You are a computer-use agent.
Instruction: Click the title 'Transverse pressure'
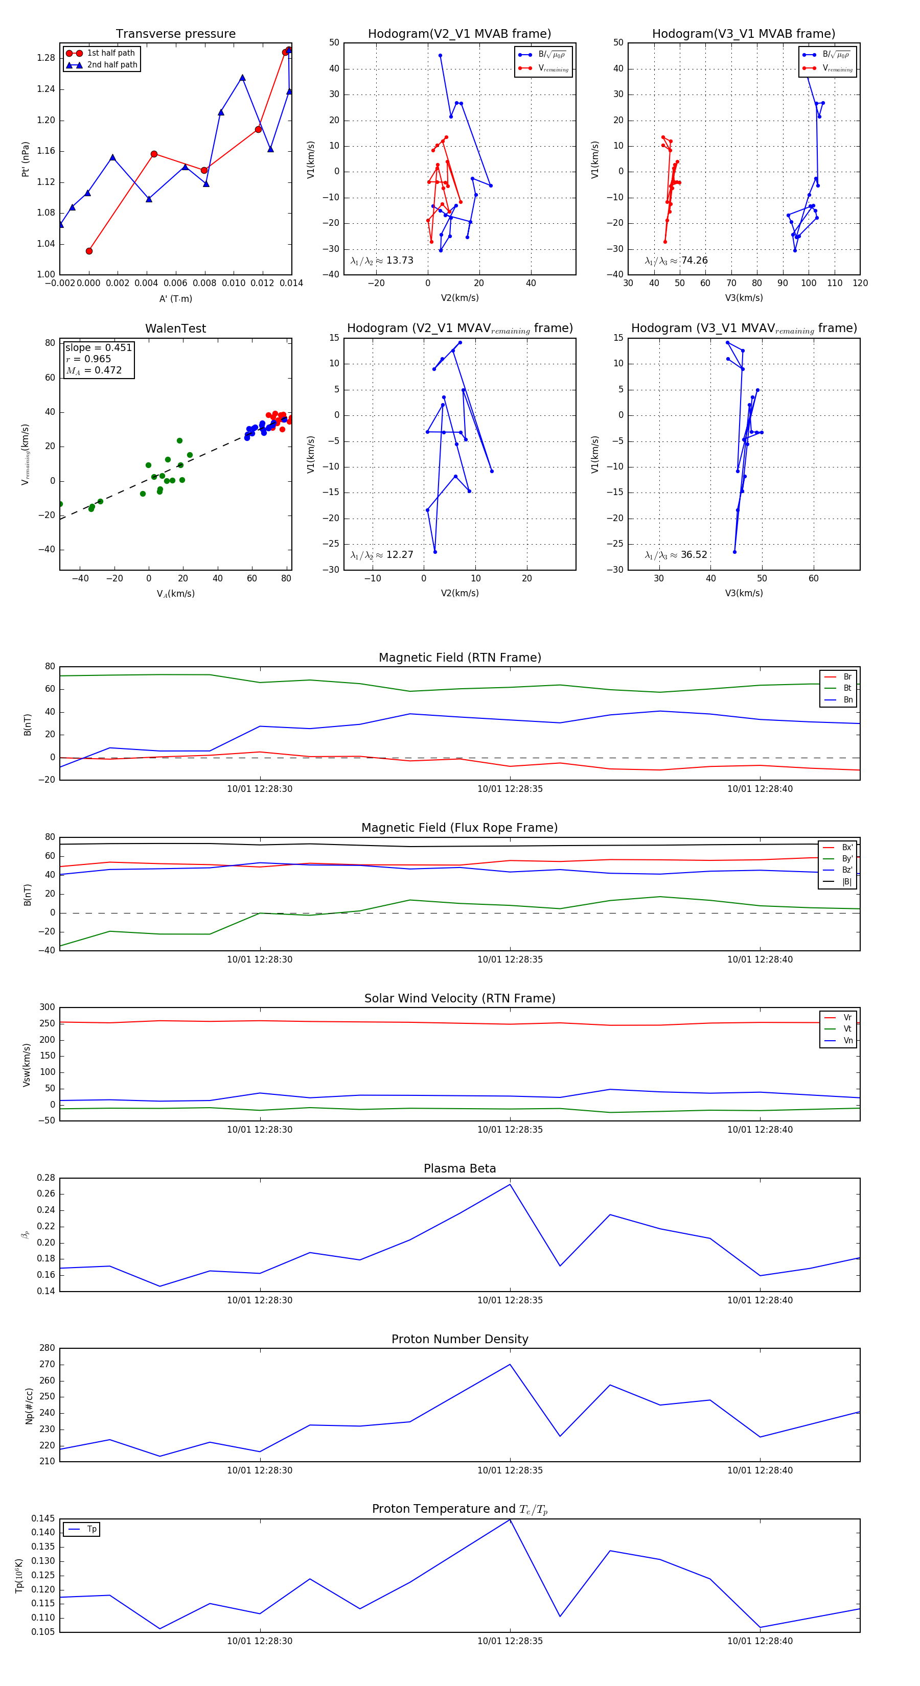tap(175, 33)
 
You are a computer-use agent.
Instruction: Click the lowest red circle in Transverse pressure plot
tap(89, 251)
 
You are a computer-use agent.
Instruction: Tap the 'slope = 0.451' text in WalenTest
tap(98, 347)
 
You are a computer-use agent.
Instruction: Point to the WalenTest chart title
tap(175, 329)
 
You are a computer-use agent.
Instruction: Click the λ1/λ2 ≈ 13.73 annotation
tap(382, 261)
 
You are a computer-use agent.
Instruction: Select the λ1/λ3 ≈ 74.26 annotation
tap(676, 261)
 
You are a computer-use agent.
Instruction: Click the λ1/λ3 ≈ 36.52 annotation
tap(676, 555)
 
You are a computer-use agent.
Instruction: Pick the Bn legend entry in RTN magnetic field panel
tap(847, 699)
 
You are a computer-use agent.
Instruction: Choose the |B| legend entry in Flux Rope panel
tap(846, 882)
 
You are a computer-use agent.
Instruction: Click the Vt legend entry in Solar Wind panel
tap(847, 1029)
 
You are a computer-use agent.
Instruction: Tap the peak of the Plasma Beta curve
tap(510, 1184)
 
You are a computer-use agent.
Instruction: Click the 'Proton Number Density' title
tap(459, 1339)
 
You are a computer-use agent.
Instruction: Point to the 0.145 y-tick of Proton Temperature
tap(43, 1518)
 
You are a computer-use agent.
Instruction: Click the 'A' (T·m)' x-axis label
tap(175, 298)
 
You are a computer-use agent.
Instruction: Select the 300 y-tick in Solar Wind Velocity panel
tap(47, 1008)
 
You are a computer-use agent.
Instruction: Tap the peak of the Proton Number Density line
tap(510, 1365)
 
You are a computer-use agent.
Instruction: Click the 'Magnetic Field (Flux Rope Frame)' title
tap(459, 828)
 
